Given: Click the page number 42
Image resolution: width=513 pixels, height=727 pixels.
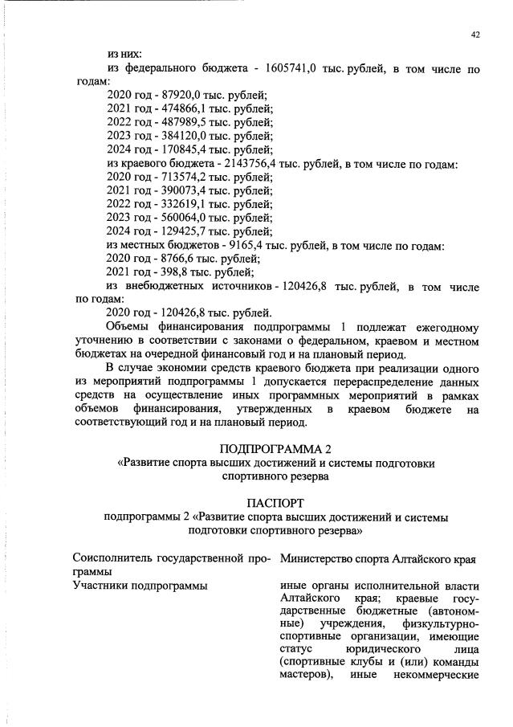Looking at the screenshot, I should tap(475, 35).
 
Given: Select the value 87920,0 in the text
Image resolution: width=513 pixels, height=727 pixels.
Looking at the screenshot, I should tap(182, 96).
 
